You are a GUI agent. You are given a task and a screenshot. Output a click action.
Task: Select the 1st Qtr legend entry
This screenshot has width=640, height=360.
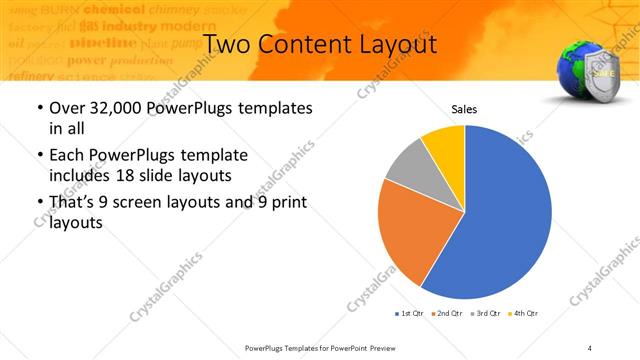409,314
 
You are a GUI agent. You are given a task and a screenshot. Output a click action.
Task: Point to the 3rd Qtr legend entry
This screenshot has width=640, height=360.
487,314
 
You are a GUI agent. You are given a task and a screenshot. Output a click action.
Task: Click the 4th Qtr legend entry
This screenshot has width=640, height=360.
525,314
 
